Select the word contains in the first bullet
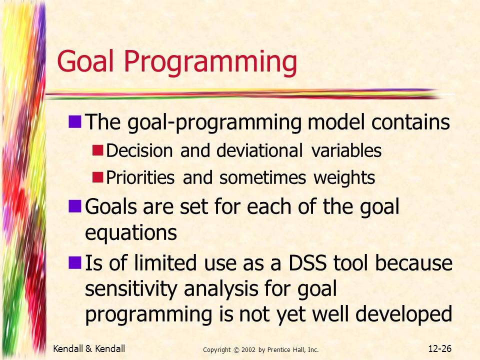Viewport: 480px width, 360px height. [x=410, y=122]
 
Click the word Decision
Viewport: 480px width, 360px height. [x=139, y=150]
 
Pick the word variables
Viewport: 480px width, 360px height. [x=346, y=150]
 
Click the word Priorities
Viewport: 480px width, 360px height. [x=140, y=177]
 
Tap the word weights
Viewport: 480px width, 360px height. [x=344, y=178]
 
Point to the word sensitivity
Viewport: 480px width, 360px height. [x=131, y=289]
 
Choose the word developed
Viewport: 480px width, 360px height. [x=404, y=314]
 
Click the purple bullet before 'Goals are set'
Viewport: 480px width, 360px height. [x=74, y=206]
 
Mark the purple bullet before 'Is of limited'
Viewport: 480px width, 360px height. [x=74, y=262]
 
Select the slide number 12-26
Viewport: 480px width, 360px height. [x=440, y=348]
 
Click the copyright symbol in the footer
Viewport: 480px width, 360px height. [x=236, y=350]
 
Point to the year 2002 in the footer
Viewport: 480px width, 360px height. [x=248, y=350]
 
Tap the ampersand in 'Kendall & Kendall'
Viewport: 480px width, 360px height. [x=89, y=348]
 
